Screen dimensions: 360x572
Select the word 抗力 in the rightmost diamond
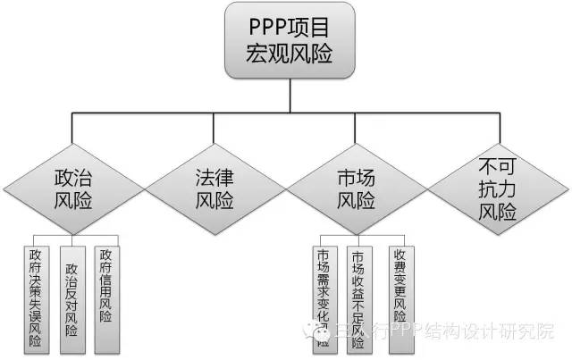[498, 190]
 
